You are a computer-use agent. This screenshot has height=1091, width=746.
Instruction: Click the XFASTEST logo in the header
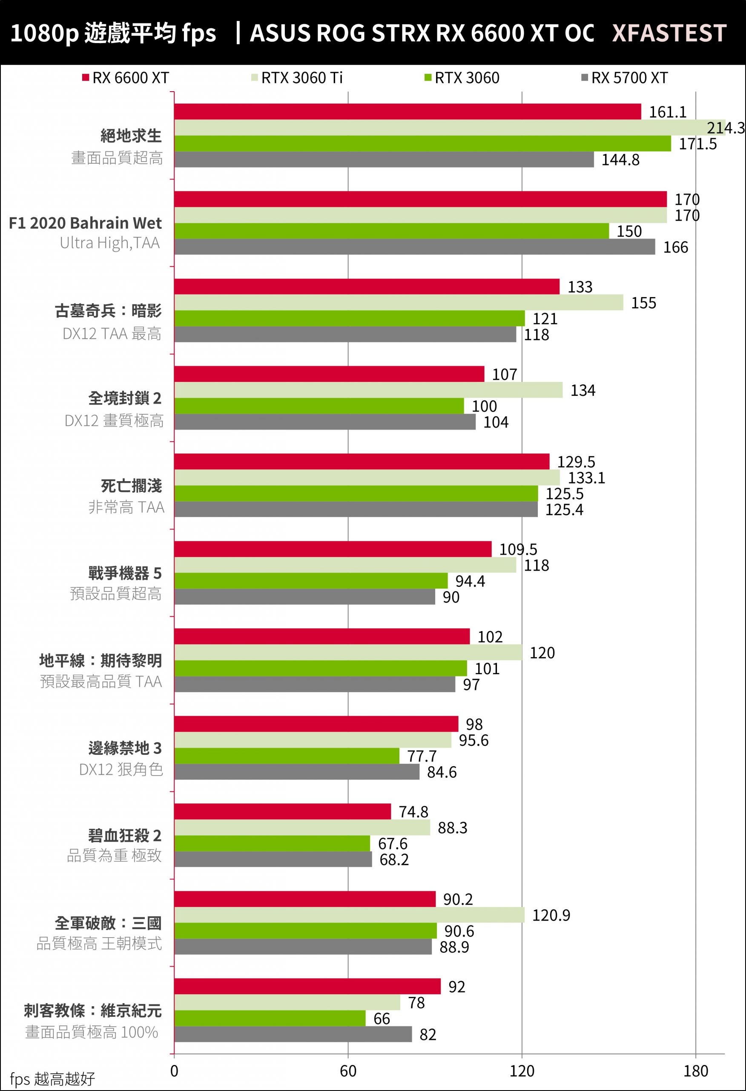tap(669, 33)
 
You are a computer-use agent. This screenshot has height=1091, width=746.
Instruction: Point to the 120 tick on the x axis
tap(522, 1071)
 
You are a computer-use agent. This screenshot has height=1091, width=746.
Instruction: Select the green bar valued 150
tap(391, 231)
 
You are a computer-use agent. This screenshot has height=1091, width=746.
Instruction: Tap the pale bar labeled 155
tap(399, 303)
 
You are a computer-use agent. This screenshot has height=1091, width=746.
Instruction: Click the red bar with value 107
tap(329, 374)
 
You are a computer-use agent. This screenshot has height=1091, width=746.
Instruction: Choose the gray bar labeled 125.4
tap(356, 509)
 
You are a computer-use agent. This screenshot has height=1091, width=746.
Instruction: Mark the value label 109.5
tap(518, 549)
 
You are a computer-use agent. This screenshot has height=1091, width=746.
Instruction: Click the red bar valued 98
tap(316, 724)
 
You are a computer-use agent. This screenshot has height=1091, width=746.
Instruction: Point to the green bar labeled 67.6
tap(272, 843)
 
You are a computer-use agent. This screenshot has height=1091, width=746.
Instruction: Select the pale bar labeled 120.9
tap(349, 915)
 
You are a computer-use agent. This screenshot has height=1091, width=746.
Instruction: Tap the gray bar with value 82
tap(293, 1034)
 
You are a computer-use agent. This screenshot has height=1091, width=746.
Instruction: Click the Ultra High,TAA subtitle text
tap(110, 243)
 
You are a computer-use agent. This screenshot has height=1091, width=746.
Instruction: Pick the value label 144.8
tap(620, 160)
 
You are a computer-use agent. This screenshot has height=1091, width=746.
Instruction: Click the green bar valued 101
tap(321, 669)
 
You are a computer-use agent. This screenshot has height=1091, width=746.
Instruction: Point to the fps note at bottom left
tap(52, 1079)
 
